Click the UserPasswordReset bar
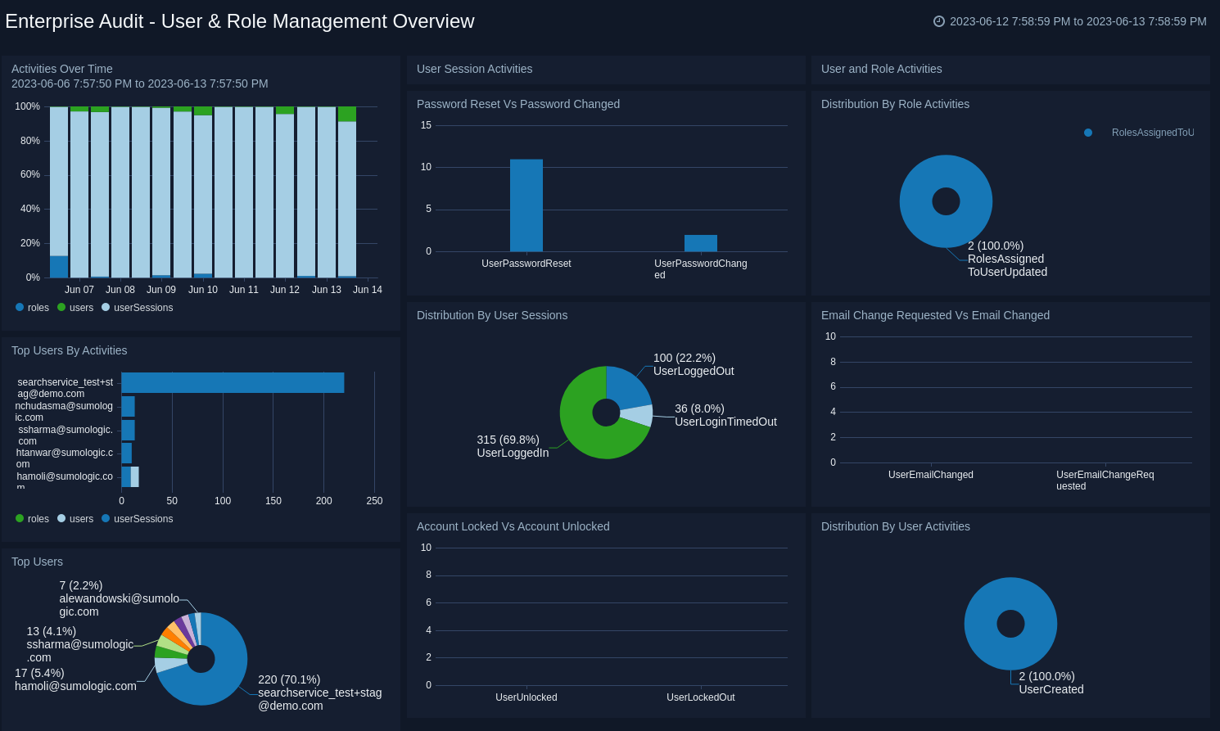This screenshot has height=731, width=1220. [526, 205]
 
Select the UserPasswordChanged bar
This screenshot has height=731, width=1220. [701, 243]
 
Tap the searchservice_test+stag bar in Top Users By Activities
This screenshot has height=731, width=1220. [233, 382]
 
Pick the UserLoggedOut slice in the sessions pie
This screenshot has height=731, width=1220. [626, 388]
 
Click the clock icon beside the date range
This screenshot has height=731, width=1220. [939, 21]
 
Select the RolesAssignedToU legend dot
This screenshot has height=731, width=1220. [1088, 133]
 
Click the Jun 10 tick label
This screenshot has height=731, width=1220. [203, 290]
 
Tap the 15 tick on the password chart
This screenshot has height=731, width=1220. [426, 125]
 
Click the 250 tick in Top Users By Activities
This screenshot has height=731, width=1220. [374, 501]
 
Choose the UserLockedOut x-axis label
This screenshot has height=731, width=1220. [700, 697]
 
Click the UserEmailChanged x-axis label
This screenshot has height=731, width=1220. [931, 475]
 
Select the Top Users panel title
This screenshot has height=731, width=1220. [37, 562]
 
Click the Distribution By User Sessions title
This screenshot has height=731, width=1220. [491, 315]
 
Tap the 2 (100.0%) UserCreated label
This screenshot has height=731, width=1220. [1051, 683]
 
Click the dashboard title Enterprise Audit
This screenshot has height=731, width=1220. [239, 21]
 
